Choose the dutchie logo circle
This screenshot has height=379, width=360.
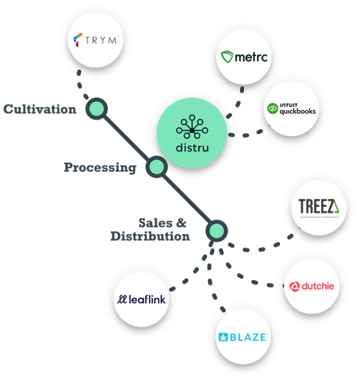pyautogui.click(x=310, y=286)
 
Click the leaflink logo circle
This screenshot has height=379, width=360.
pyautogui.click(x=145, y=298)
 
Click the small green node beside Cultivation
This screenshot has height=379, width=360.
pyautogui.click(x=95, y=110)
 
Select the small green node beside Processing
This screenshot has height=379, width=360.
pyautogui.click(x=156, y=168)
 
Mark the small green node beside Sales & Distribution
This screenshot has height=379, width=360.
pyautogui.click(x=215, y=231)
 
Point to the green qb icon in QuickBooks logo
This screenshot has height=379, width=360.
pyautogui.click(x=273, y=110)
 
